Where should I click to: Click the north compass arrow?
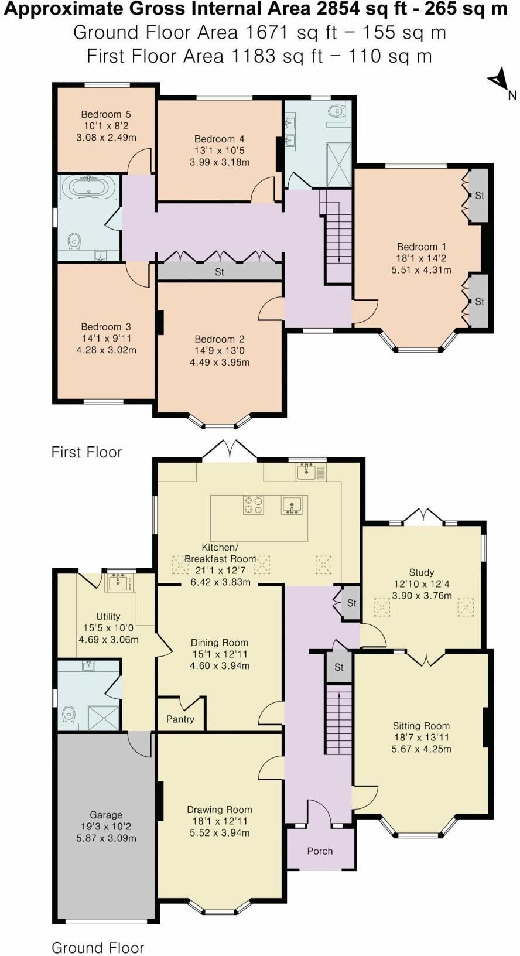498,80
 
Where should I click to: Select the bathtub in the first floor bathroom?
88,188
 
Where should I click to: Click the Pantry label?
180,719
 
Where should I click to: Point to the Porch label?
320,851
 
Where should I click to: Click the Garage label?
106,814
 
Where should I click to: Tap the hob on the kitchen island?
254,505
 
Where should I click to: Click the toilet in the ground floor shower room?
69,715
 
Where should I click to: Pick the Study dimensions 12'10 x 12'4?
422,584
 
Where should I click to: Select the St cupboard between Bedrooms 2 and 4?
220,272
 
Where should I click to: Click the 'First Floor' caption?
87,452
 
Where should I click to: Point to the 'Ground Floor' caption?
98,947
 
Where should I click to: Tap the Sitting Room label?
421,725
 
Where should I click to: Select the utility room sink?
119,582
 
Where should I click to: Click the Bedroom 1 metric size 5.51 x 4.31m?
421,270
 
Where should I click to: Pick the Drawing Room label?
220,810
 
